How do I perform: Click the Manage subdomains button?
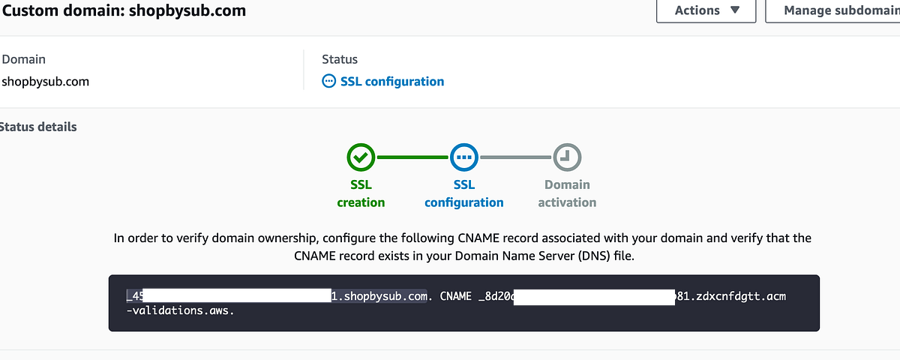[x=832, y=10]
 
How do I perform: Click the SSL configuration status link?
[x=392, y=81]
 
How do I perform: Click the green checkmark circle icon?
[x=361, y=157]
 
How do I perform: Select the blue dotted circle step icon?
[x=464, y=157]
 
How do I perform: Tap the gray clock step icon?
[x=567, y=157]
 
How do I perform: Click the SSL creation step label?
[x=361, y=193]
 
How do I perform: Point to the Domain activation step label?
[x=567, y=193]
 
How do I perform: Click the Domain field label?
[x=23, y=58]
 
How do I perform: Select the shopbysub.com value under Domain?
[x=45, y=81]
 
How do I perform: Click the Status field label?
[x=340, y=58]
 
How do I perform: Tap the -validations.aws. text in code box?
[x=179, y=310]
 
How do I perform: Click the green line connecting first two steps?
[x=412, y=157]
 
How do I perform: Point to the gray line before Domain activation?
[x=516, y=157]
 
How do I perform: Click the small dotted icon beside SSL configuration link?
[x=328, y=81]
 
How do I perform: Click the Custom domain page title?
[x=124, y=10]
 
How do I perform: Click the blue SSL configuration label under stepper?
[x=464, y=193]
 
